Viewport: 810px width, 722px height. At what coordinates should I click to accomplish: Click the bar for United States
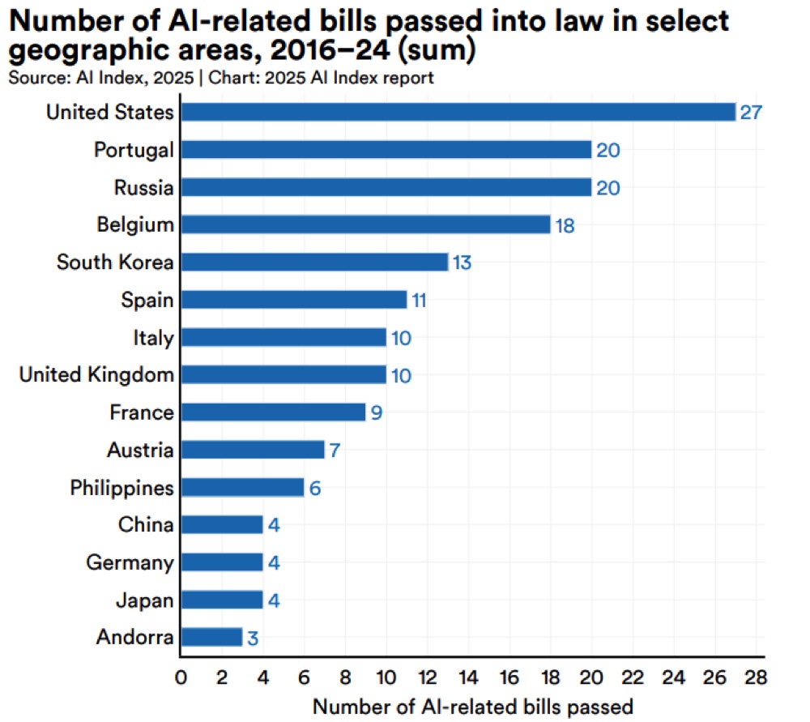point(458,112)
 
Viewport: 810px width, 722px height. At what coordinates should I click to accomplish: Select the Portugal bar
point(386,150)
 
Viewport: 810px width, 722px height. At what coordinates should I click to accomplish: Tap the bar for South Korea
point(314,263)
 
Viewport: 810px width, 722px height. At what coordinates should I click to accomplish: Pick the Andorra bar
point(211,637)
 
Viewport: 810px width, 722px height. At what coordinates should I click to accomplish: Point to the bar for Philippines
point(242,487)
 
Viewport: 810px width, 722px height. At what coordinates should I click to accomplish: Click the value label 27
point(751,112)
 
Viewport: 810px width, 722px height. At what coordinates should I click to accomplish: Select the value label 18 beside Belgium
point(565,225)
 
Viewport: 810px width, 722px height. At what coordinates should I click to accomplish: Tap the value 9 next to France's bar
point(376,412)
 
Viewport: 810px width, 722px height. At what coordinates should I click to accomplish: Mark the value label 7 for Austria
point(335,450)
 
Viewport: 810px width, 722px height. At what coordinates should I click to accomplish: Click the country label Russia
point(143,188)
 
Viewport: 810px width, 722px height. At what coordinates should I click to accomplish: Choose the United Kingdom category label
point(96,374)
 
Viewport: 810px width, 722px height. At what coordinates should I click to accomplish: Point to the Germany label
point(130,562)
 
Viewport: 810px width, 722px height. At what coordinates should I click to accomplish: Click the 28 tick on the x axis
point(755,676)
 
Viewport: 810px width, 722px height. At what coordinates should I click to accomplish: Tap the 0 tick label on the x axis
point(181,676)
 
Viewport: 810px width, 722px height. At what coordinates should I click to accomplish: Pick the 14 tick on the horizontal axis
point(468,676)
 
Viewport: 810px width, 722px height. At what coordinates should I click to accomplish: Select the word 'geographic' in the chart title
point(92,50)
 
